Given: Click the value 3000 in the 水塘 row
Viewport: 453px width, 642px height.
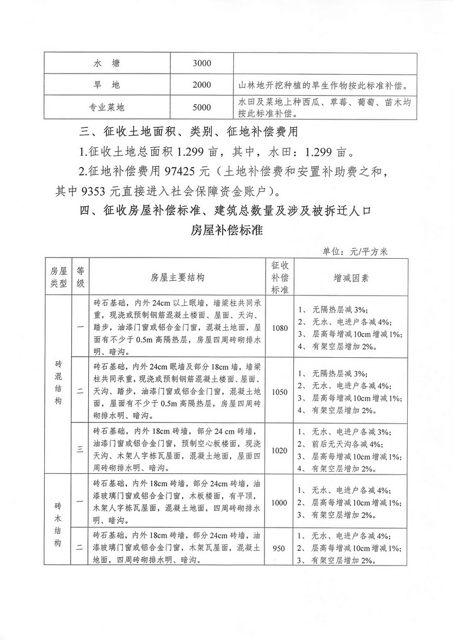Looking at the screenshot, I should point(202,63).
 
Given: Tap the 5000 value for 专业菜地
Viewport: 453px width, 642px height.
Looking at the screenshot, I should point(202,107).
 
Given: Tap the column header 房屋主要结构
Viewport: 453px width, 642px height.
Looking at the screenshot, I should point(177,277).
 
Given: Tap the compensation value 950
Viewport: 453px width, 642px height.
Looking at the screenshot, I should point(280,548).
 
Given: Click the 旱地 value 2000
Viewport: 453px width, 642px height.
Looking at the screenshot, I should point(202,85).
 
